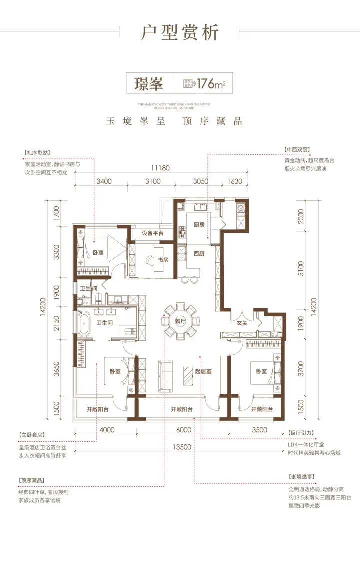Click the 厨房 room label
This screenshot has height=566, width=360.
pyautogui.click(x=198, y=225)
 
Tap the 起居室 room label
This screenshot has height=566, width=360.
pyautogui.click(x=203, y=371)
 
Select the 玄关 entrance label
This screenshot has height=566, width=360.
pyautogui.click(x=242, y=323)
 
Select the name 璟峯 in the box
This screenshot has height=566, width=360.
pyautogui.click(x=148, y=84)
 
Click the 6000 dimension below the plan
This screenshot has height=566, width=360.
pyautogui.click(x=184, y=430)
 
